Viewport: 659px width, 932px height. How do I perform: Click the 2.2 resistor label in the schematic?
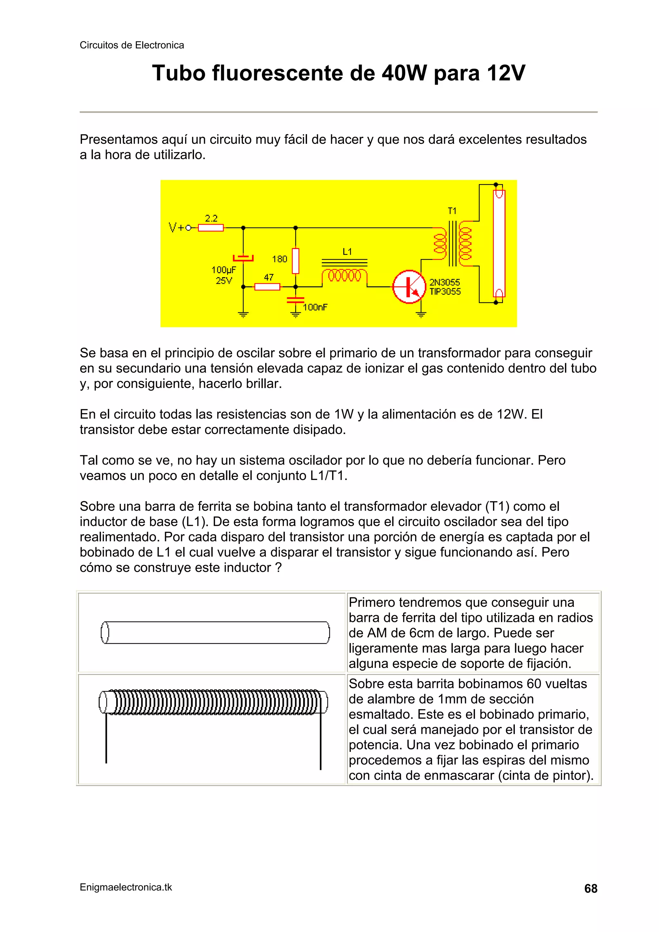click(211, 218)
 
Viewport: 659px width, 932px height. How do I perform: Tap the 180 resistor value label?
click(279, 259)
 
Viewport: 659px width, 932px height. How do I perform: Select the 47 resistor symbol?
click(267, 287)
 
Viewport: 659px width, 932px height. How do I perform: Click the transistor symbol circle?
click(408, 287)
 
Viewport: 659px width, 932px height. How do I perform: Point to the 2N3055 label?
click(445, 282)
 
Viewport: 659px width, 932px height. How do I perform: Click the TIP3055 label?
click(445, 291)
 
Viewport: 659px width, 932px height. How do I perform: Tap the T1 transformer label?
click(452, 211)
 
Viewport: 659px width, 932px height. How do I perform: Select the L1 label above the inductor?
click(347, 252)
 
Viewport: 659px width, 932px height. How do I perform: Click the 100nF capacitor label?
click(315, 307)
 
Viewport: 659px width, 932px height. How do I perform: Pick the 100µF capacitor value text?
click(223, 270)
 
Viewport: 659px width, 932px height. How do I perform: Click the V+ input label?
click(177, 228)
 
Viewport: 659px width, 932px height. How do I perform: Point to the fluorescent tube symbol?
click(499, 244)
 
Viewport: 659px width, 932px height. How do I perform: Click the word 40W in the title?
click(404, 73)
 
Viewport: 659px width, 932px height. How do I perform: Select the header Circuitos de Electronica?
click(132, 45)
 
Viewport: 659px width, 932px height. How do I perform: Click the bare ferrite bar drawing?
click(215, 632)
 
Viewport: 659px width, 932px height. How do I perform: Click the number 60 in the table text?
click(534, 684)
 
